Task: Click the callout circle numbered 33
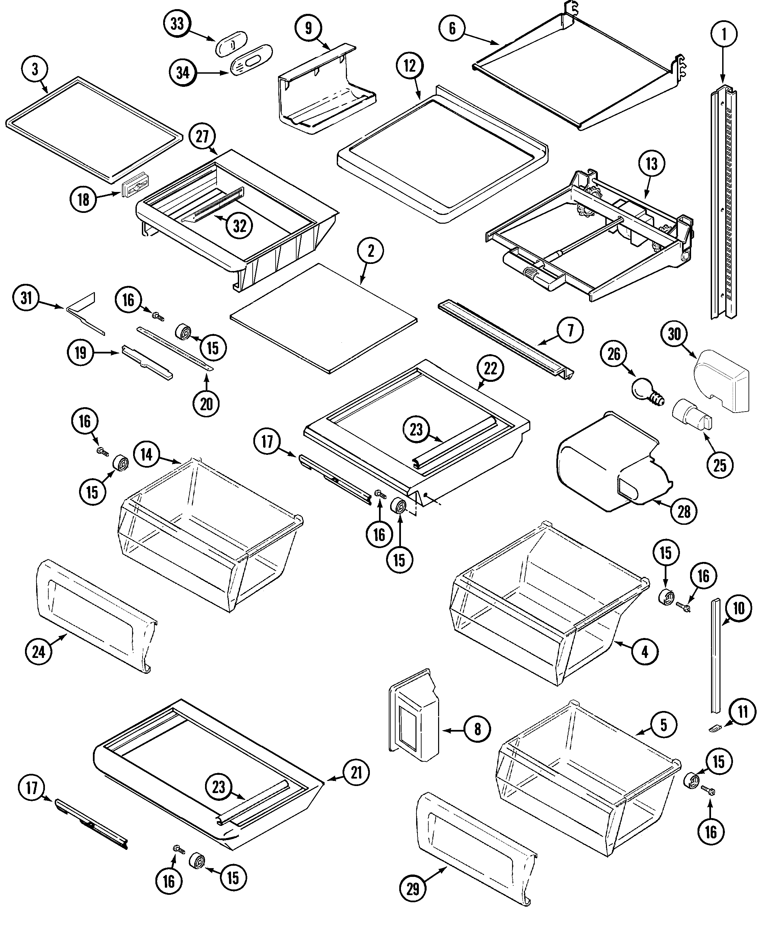[177, 24]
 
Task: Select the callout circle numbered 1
[723, 34]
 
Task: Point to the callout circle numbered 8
[477, 729]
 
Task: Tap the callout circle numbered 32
[239, 226]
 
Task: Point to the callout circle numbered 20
[206, 403]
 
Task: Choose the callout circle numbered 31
[26, 298]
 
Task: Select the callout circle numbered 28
[684, 511]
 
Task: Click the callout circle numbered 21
[356, 772]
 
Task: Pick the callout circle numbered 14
[146, 454]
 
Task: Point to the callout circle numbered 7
[570, 330]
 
